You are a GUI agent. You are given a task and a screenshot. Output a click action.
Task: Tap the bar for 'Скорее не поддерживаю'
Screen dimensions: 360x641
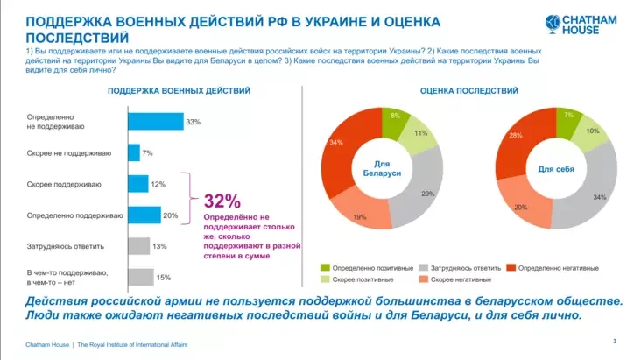(x=133, y=153)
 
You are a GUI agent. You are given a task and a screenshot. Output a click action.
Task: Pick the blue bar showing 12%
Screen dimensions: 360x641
(x=137, y=184)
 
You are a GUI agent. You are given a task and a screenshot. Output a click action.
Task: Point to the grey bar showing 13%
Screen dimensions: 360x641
(x=138, y=246)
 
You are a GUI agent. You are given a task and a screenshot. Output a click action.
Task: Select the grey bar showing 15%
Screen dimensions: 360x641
(x=140, y=278)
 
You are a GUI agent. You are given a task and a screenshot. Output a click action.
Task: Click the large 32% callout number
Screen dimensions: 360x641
(x=222, y=201)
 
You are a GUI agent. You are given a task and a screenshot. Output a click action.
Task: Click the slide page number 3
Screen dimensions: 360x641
(x=615, y=340)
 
